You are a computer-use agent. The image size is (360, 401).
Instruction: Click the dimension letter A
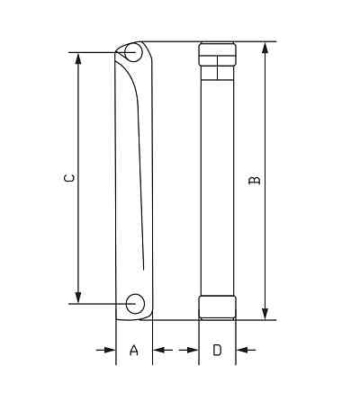tap(134, 350)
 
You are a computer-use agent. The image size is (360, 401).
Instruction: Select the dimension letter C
tap(68, 179)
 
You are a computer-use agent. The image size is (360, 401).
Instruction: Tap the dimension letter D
tap(217, 350)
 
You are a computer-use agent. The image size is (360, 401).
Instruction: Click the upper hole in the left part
tap(133, 52)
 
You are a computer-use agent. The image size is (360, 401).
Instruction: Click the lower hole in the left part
tap(135, 303)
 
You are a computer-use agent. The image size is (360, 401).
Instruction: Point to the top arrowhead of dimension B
tap(265, 47)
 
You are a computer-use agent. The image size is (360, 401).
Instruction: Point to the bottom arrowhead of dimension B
tap(265, 313)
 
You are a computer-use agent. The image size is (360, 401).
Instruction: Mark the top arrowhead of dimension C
tap(79, 58)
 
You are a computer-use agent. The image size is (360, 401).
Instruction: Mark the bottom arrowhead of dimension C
tap(79, 298)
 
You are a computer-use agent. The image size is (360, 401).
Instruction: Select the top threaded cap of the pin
tap(217, 59)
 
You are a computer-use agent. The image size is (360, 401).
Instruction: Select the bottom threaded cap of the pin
tap(217, 307)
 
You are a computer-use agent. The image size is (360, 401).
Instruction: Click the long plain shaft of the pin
tap(217, 180)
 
